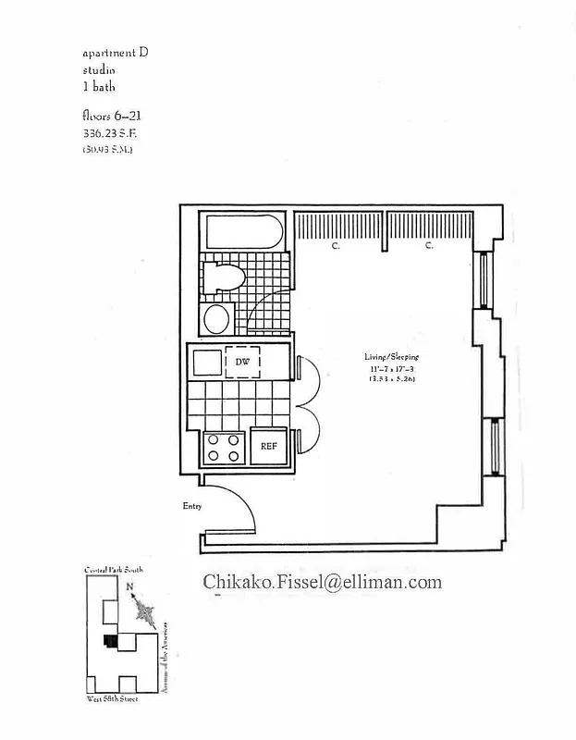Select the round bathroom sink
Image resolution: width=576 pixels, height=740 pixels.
click(216, 319)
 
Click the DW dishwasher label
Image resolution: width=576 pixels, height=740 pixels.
click(242, 362)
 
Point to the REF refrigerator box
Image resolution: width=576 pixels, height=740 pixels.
click(268, 446)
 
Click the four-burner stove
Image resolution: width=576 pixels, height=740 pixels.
click(223, 448)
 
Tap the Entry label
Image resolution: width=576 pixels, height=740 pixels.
click(191, 506)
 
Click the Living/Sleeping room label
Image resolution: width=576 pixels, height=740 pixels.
click(390, 357)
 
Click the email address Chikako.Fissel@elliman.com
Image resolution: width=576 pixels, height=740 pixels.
click(322, 582)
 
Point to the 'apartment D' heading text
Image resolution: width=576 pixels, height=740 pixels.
click(115, 53)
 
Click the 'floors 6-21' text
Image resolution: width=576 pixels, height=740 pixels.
click(110, 117)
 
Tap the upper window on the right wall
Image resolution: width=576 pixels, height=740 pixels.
click(483, 279)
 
